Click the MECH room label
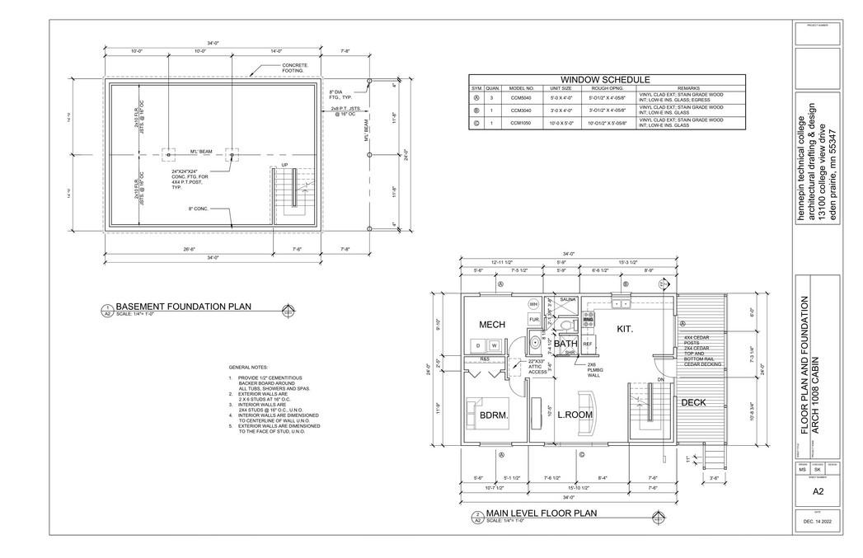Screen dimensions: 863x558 click(x=491, y=325)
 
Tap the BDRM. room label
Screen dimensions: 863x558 click(x=494, y=415)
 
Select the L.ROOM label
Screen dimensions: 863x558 click(x=575, y=415)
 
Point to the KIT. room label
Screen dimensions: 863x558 click(x=626, y=329)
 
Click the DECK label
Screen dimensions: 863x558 click(x=693, y=402)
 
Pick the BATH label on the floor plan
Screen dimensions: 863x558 click(x=565, y=343)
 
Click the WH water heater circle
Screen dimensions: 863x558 click(x=533, y=303)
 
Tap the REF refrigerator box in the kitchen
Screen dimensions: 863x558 click(x=588, y=344)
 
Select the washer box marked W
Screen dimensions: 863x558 click(x=493, y=345)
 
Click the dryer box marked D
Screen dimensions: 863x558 click(x=478, y=345)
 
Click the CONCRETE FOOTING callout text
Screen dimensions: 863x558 click(x=295, y=68)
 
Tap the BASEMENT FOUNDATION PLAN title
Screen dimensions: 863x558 click(x=183, y=307)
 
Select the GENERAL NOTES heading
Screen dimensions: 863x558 click(x=248, y=367)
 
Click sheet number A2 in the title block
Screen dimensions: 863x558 click(x=818, y=490)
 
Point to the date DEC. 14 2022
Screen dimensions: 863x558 click(x=818, y=522)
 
